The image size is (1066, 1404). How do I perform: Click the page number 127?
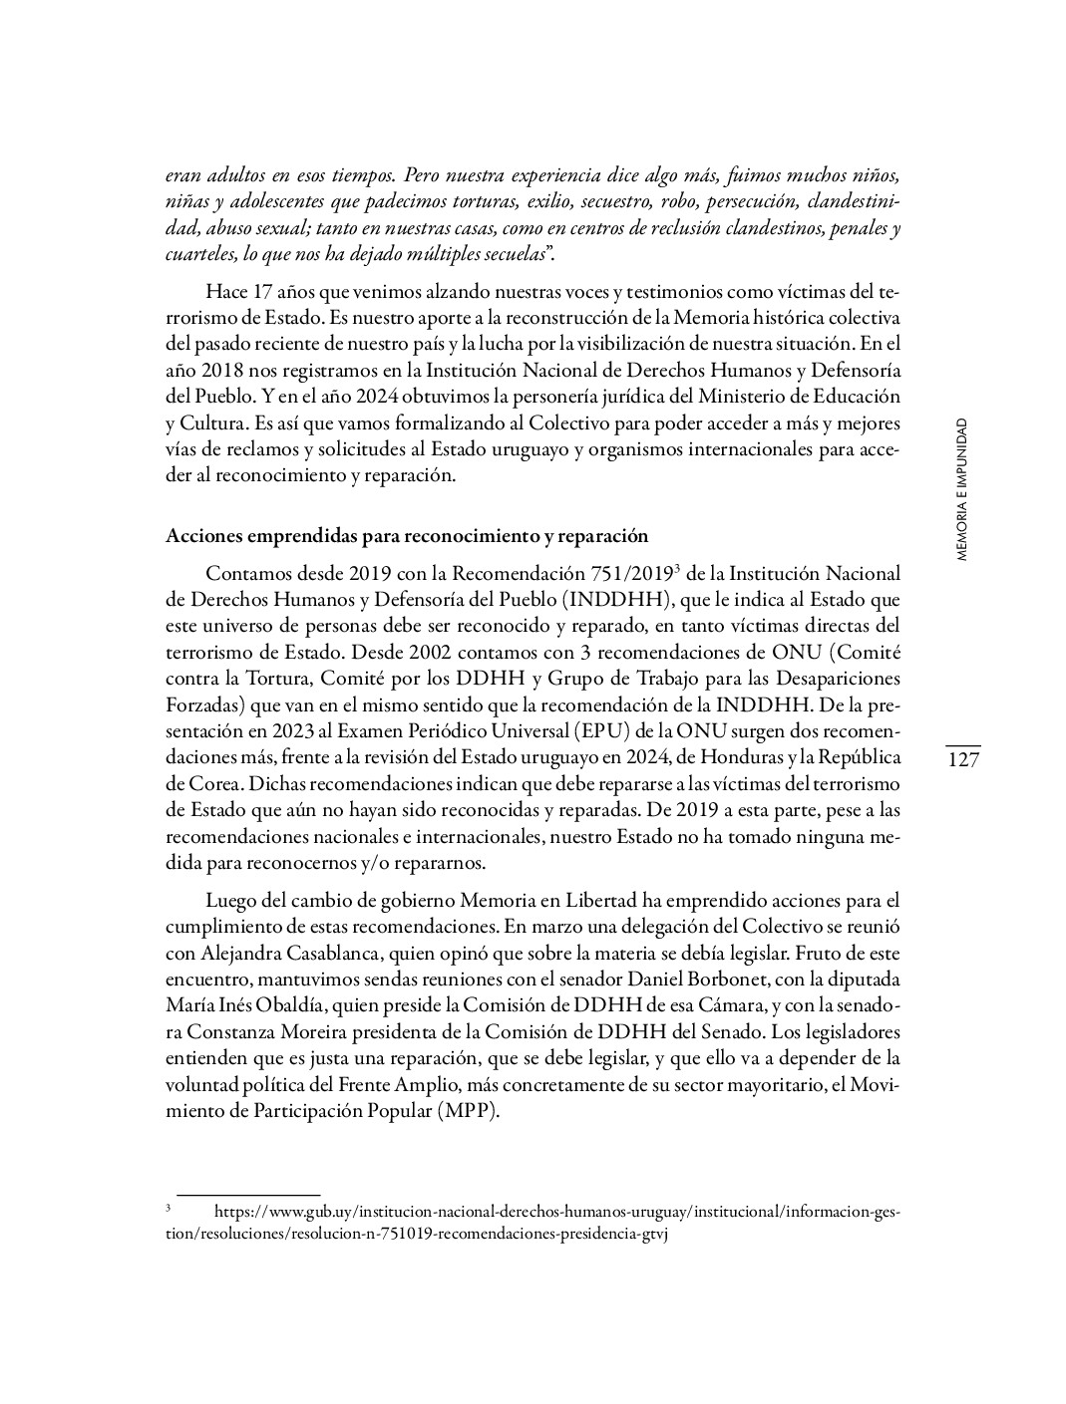coord(962,760)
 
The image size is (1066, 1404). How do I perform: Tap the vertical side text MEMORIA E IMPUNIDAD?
coord(961,490)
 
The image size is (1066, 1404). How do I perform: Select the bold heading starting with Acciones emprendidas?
coord(406,536)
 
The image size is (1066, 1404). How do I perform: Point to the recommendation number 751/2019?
coord(617,574)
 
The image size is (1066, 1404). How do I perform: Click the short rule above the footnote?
coord(248,1194)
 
